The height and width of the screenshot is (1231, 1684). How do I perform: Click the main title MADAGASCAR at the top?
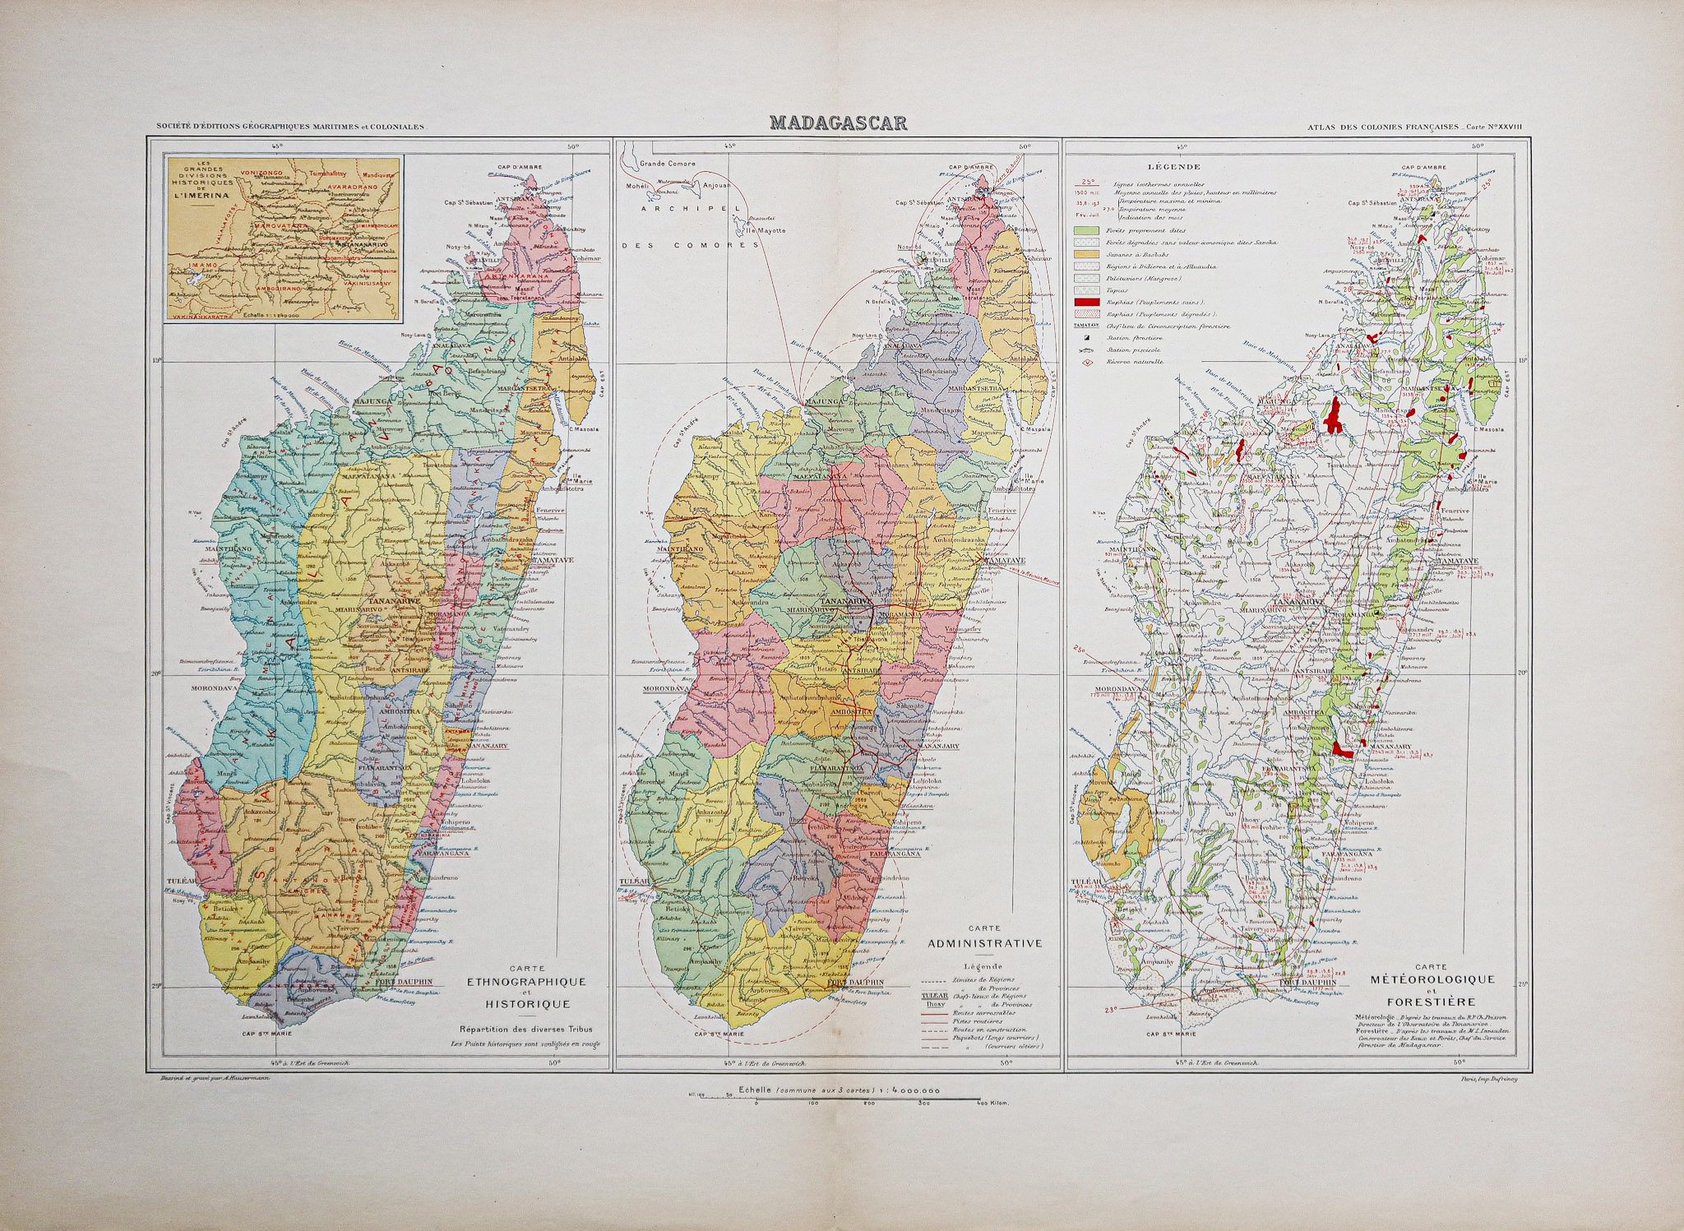(x=838, y=124)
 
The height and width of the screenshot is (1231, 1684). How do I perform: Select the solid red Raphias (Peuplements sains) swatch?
(x=1086, y=303)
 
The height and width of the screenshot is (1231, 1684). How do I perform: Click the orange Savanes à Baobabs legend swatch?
(x=1086, y=254)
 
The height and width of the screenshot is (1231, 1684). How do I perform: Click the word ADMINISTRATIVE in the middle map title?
(x=984, y=943)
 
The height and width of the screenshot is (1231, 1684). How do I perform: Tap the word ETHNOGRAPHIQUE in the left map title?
(x=525, y=982)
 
